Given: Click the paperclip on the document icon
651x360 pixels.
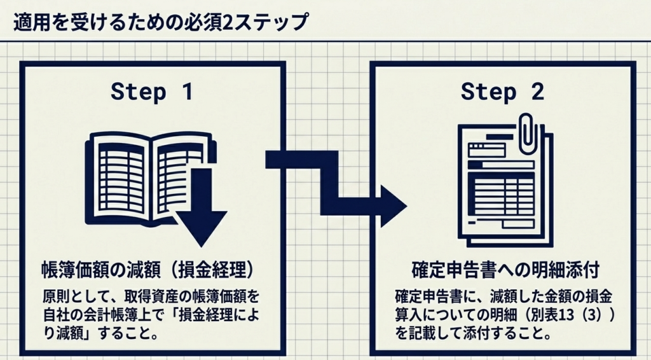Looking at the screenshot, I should pos(528,134).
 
